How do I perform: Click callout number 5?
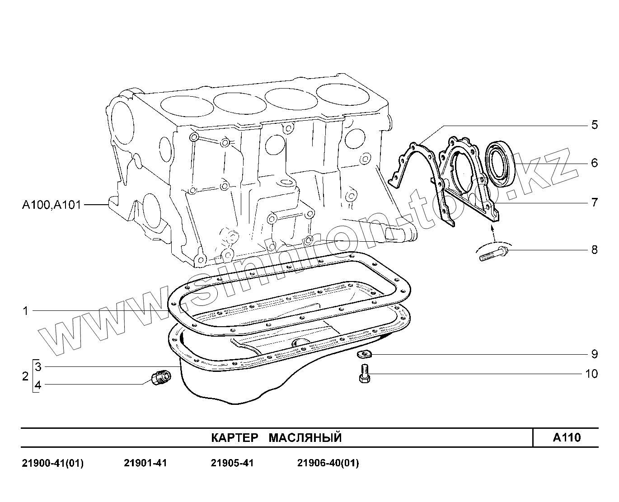click(x=594, y=125)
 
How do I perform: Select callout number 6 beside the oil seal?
click(x=594, y=163)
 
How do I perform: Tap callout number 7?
click(x=594, y=202)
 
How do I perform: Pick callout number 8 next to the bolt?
click(x=594, y=249)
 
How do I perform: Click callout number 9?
click(x=594, y=354)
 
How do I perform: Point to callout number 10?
click(x=591, y=374)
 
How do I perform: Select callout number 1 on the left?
click(x=26, y=311)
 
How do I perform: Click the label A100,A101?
click(x=52, y=205)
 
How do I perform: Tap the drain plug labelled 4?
click(x=160, y=377)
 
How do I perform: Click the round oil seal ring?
click(x=500, y=164)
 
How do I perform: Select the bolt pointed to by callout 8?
click(x=493, y=253)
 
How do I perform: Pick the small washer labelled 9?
click(x=363, y=354)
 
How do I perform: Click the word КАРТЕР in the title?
click(x=235, y=438)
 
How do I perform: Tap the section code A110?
click(x=567, y=437)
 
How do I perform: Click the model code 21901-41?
click(x=145, y=463)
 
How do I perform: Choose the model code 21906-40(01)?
click(x=328, y=463)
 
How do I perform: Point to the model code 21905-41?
click(x=232, y=463)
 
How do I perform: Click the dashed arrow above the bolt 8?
click(x=493, y=233)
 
